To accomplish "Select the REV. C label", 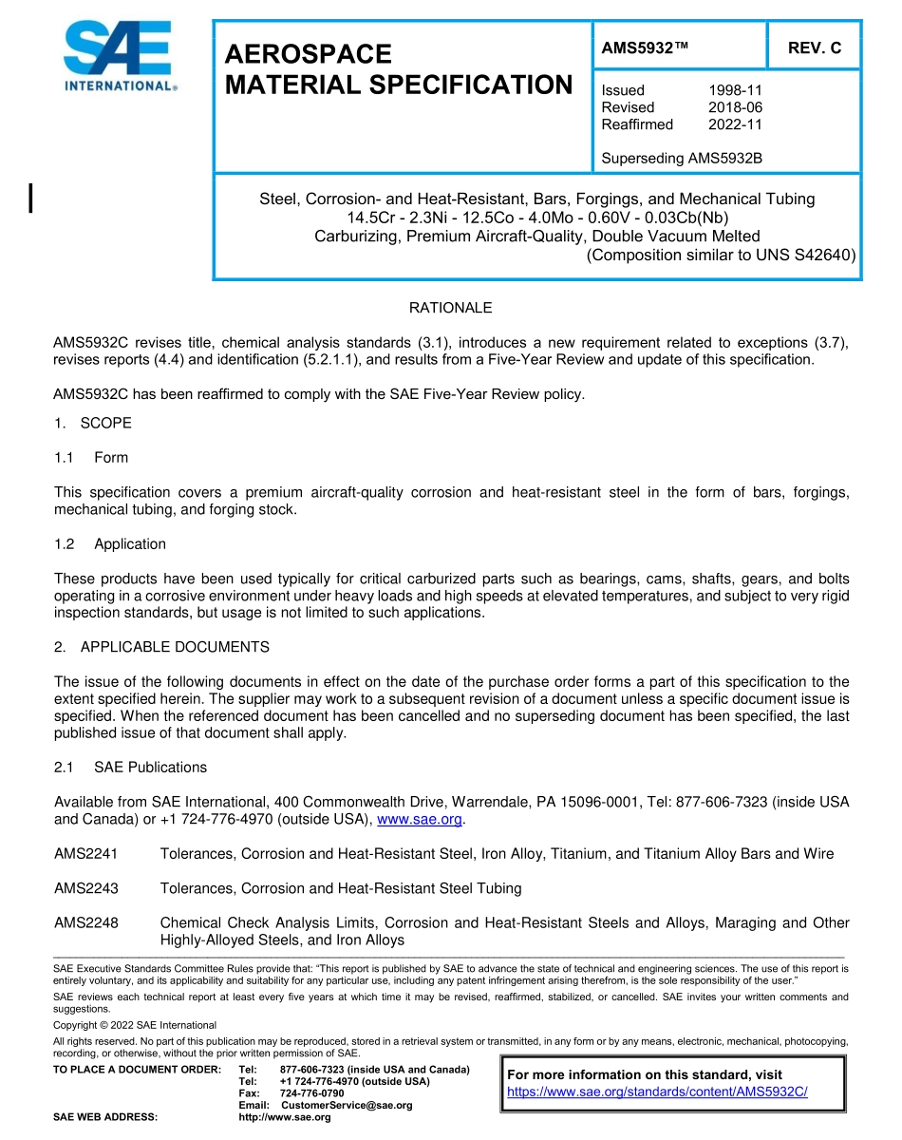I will (814, 48).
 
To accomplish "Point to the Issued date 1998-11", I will (735, 90).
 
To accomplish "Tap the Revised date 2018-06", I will (735, 107).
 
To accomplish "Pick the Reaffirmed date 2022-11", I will (735, 124).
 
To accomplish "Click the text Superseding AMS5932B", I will (682, 159).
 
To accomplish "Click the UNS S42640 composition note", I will (721, 255).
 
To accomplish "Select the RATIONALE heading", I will (450, 308).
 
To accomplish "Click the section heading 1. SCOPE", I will (93, 423).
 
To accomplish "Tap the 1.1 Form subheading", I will (91, 457).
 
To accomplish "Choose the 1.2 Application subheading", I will (110, 544).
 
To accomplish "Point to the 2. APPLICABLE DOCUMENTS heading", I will (161, 647).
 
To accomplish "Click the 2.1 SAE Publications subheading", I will (130, 767).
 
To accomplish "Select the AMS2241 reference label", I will (86, 854).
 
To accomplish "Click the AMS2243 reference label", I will (86, 888).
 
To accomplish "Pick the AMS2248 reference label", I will (86, 922).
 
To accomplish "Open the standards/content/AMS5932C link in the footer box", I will (657, 1092).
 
